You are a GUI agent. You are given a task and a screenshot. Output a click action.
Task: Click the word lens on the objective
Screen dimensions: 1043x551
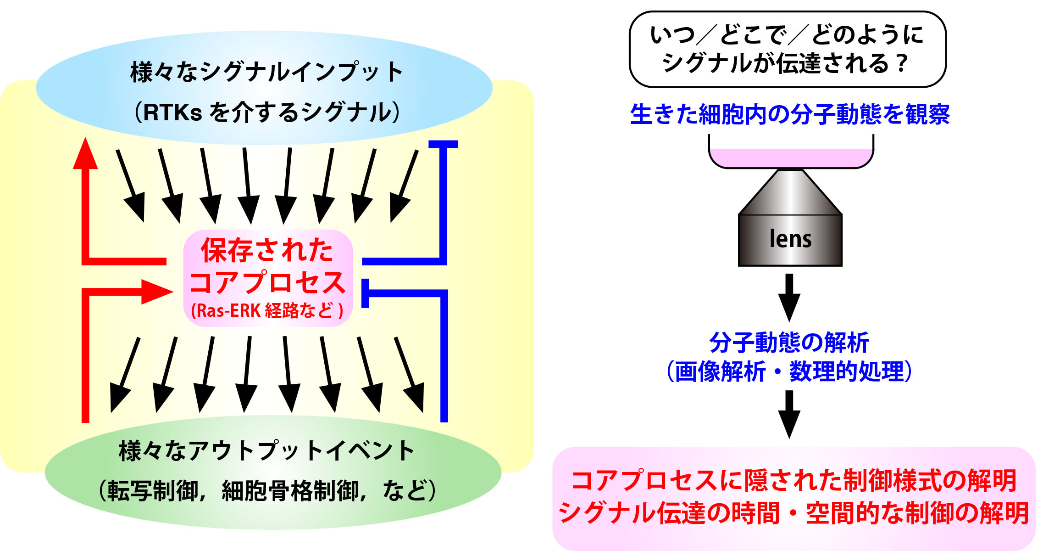(x=790, y=239)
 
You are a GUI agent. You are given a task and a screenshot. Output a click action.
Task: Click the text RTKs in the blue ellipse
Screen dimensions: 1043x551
(x=172, y=112)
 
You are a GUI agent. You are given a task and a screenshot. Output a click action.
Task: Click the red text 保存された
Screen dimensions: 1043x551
(x=267, y=250)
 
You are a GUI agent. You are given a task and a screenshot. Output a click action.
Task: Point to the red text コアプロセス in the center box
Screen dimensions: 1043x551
(x=267, y=282)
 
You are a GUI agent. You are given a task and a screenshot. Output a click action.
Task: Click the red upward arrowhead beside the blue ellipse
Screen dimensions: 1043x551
(x=85, y=153)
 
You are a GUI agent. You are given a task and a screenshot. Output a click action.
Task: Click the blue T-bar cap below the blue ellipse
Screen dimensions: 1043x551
(x=443, y=144)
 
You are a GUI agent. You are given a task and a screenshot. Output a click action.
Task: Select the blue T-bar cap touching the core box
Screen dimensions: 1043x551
(x=365, y=293)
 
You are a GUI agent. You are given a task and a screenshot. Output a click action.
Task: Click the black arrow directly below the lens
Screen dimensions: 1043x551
(x=789, y=298)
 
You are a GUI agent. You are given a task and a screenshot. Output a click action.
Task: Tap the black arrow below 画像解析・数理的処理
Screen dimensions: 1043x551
(x=789, y=414)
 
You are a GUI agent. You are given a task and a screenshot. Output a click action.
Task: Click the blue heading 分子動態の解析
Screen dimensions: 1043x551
(x=789, y=343)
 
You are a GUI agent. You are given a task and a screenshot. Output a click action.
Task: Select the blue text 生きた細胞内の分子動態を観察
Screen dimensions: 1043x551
(x=790, y=114)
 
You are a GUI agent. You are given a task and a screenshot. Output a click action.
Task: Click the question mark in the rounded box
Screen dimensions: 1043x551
(x=902, y=63)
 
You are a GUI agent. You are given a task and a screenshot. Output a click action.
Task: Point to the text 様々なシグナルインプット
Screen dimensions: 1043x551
(x=266, y=72)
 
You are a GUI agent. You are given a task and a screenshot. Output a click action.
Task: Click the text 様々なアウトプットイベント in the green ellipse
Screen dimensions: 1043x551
(x=266, y=450)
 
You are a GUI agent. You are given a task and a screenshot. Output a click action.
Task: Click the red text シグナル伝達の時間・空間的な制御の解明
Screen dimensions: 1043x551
(x=794, y=513)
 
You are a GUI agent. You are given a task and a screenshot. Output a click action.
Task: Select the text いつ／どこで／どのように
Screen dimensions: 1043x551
(x=787, y=35)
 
